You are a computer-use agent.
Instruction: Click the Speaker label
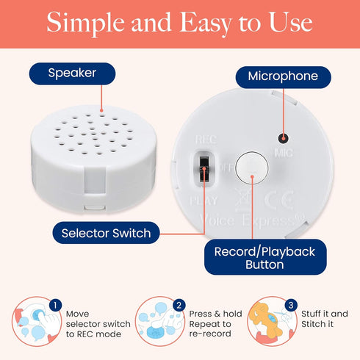pos(72,73)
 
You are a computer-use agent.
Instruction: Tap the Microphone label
pos(283,76)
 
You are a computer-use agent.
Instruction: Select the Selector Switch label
pos(106,233)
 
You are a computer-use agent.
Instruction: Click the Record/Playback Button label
pos(265,257)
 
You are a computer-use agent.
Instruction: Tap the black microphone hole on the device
pos(284,139)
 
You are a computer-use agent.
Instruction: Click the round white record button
pos(252,168)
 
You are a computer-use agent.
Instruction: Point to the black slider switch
pos(204,169)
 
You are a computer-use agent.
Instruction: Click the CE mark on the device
pos(279,200)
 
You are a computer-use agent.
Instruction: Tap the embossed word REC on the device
pos(206,140)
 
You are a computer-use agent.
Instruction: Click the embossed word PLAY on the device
pos(204,201)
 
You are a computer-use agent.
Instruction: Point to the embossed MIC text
pos(284,153)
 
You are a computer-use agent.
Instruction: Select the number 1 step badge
pos(55,305)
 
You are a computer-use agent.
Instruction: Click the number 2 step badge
pos(179,305)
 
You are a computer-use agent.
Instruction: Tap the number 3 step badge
pos(291,305)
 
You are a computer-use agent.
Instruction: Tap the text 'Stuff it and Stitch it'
pos(325,319)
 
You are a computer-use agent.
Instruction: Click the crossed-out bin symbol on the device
pos(243,200)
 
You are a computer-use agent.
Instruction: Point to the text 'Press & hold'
pos(215,314)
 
